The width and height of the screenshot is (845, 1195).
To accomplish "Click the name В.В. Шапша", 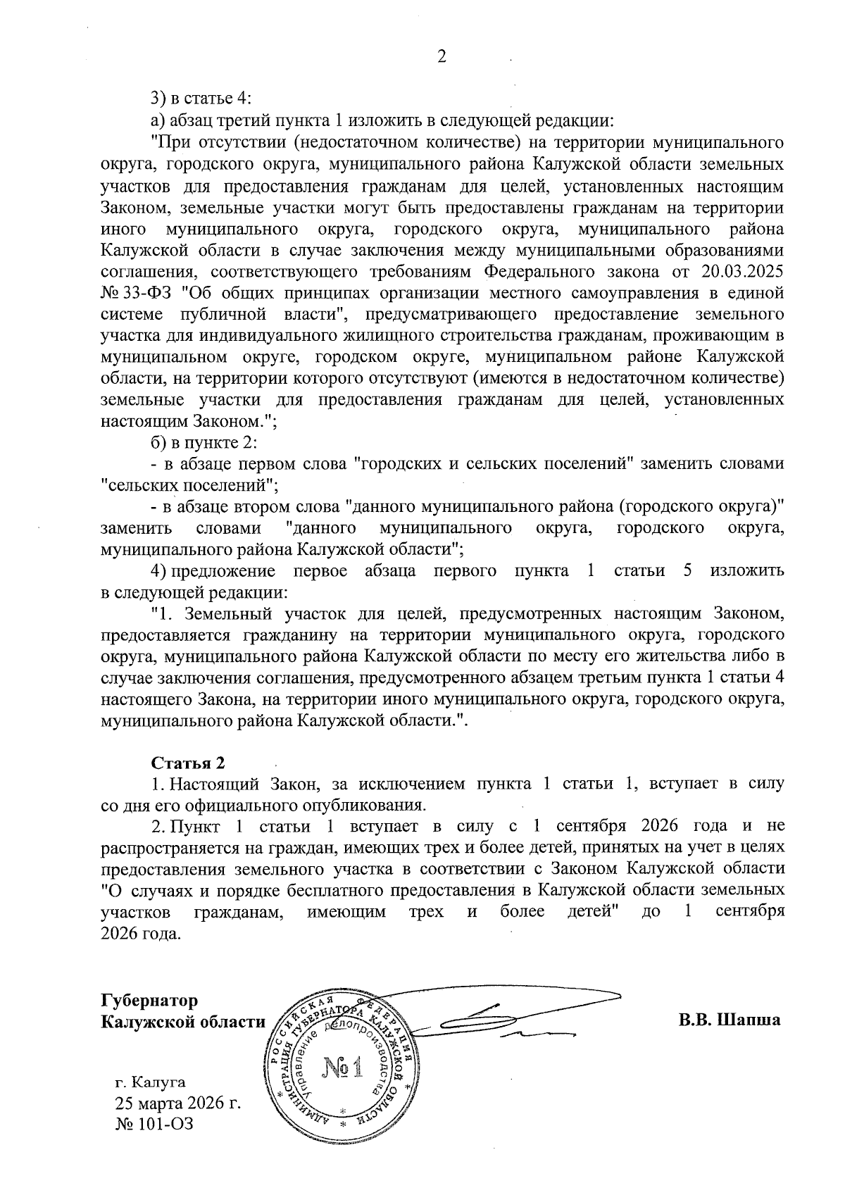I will click(730, 1020).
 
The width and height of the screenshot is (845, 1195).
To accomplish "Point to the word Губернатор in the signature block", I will click(149, 1001).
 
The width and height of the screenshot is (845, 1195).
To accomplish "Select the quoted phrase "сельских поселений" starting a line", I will click(190, 484).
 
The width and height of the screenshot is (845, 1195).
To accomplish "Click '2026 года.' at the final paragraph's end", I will click(141, 934).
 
